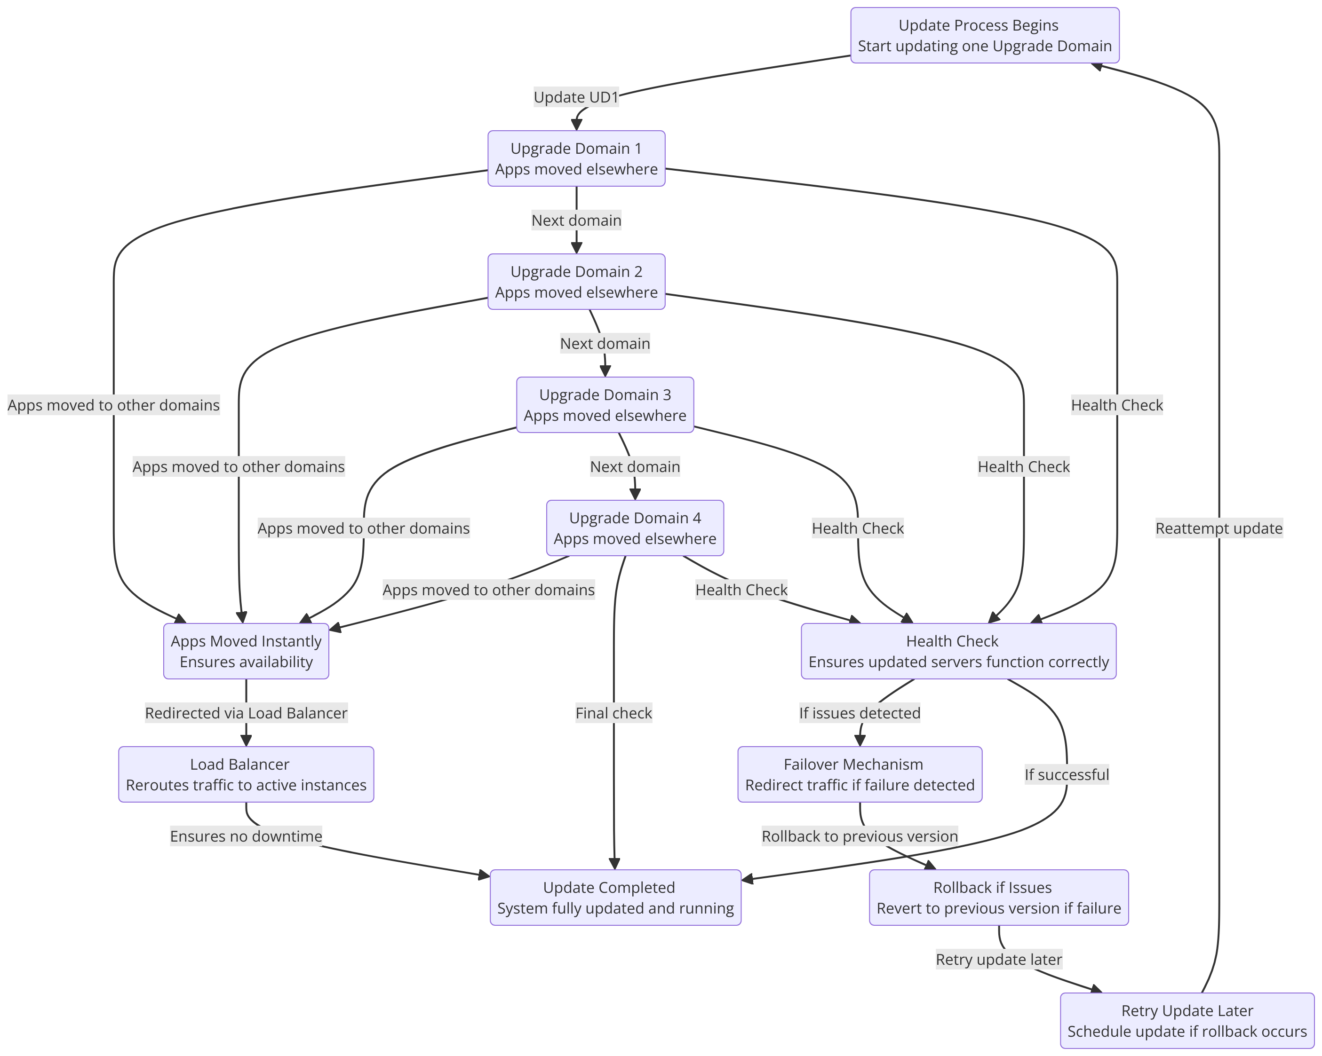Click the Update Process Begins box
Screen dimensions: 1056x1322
(x=984, y=36)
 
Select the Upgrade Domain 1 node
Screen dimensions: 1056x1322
(x=576, y=159)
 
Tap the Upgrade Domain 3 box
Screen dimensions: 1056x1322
(x=605, y=405)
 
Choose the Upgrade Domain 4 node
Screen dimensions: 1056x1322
(x=635, y=528)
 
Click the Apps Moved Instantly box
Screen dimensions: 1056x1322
(x=246, y=652)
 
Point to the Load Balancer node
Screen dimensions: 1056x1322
(x=246, y=775)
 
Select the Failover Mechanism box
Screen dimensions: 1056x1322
(x=859, y=775)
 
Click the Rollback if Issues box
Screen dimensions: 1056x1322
(x=998, y=898)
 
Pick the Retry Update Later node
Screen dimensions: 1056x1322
(x=1187, y=1021)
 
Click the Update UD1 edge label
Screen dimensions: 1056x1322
(x=576, y=97)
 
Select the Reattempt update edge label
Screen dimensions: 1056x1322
(x=1218, y=528)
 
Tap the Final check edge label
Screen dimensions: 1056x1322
(x=613, y=713)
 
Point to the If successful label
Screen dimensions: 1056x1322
(x=1067, y=775)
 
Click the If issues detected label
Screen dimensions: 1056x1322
(x=859, y=713)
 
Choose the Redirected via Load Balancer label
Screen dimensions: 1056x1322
(x=246, y=713)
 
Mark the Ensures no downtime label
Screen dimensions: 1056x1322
(x=246, y=836)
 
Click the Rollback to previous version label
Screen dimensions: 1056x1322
(x=859, y=836)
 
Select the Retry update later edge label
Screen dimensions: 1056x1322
(x=998, y=960)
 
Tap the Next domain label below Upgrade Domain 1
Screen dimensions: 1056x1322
(x=576, y=221)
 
